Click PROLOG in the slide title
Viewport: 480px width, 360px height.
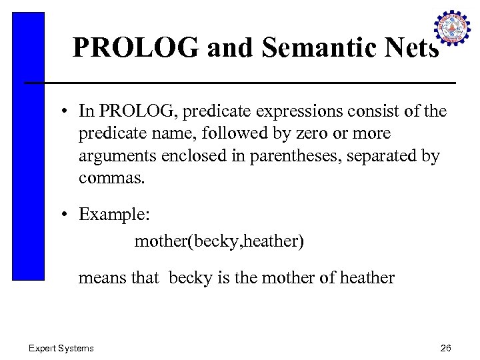[x=137, y=47]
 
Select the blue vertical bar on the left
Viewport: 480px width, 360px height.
[x=28, y=146]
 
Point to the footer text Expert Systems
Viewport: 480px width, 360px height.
[x=61, y=348]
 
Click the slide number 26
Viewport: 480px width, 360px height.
[x=446, y=348]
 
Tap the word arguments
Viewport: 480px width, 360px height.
[x=117, y=157]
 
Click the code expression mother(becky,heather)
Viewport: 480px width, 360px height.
[x=219, y=241]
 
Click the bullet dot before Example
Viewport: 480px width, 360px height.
[x=69, y=215]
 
